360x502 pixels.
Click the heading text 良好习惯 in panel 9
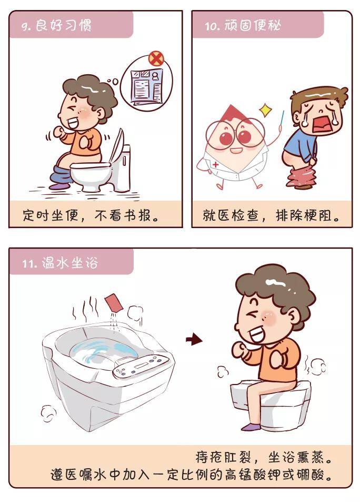[x=63, y=25]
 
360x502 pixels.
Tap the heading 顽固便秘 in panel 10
[x=253, y=25]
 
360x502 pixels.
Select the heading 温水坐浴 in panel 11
[x=69, y=263]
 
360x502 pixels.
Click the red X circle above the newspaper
[x=156, y=58]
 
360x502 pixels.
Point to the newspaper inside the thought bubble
[x=146, y=86]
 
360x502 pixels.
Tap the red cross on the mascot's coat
[x=216, y=164]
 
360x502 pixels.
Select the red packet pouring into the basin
[x=114, y=302]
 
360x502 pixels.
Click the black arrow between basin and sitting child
[x=194, y=339]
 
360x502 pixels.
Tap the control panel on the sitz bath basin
[x=141, y=366]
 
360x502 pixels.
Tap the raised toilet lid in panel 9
[x=116, y=146]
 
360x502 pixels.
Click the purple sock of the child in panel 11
[x=251, y=427]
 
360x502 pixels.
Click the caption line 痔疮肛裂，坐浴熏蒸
[x=264, y=457]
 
